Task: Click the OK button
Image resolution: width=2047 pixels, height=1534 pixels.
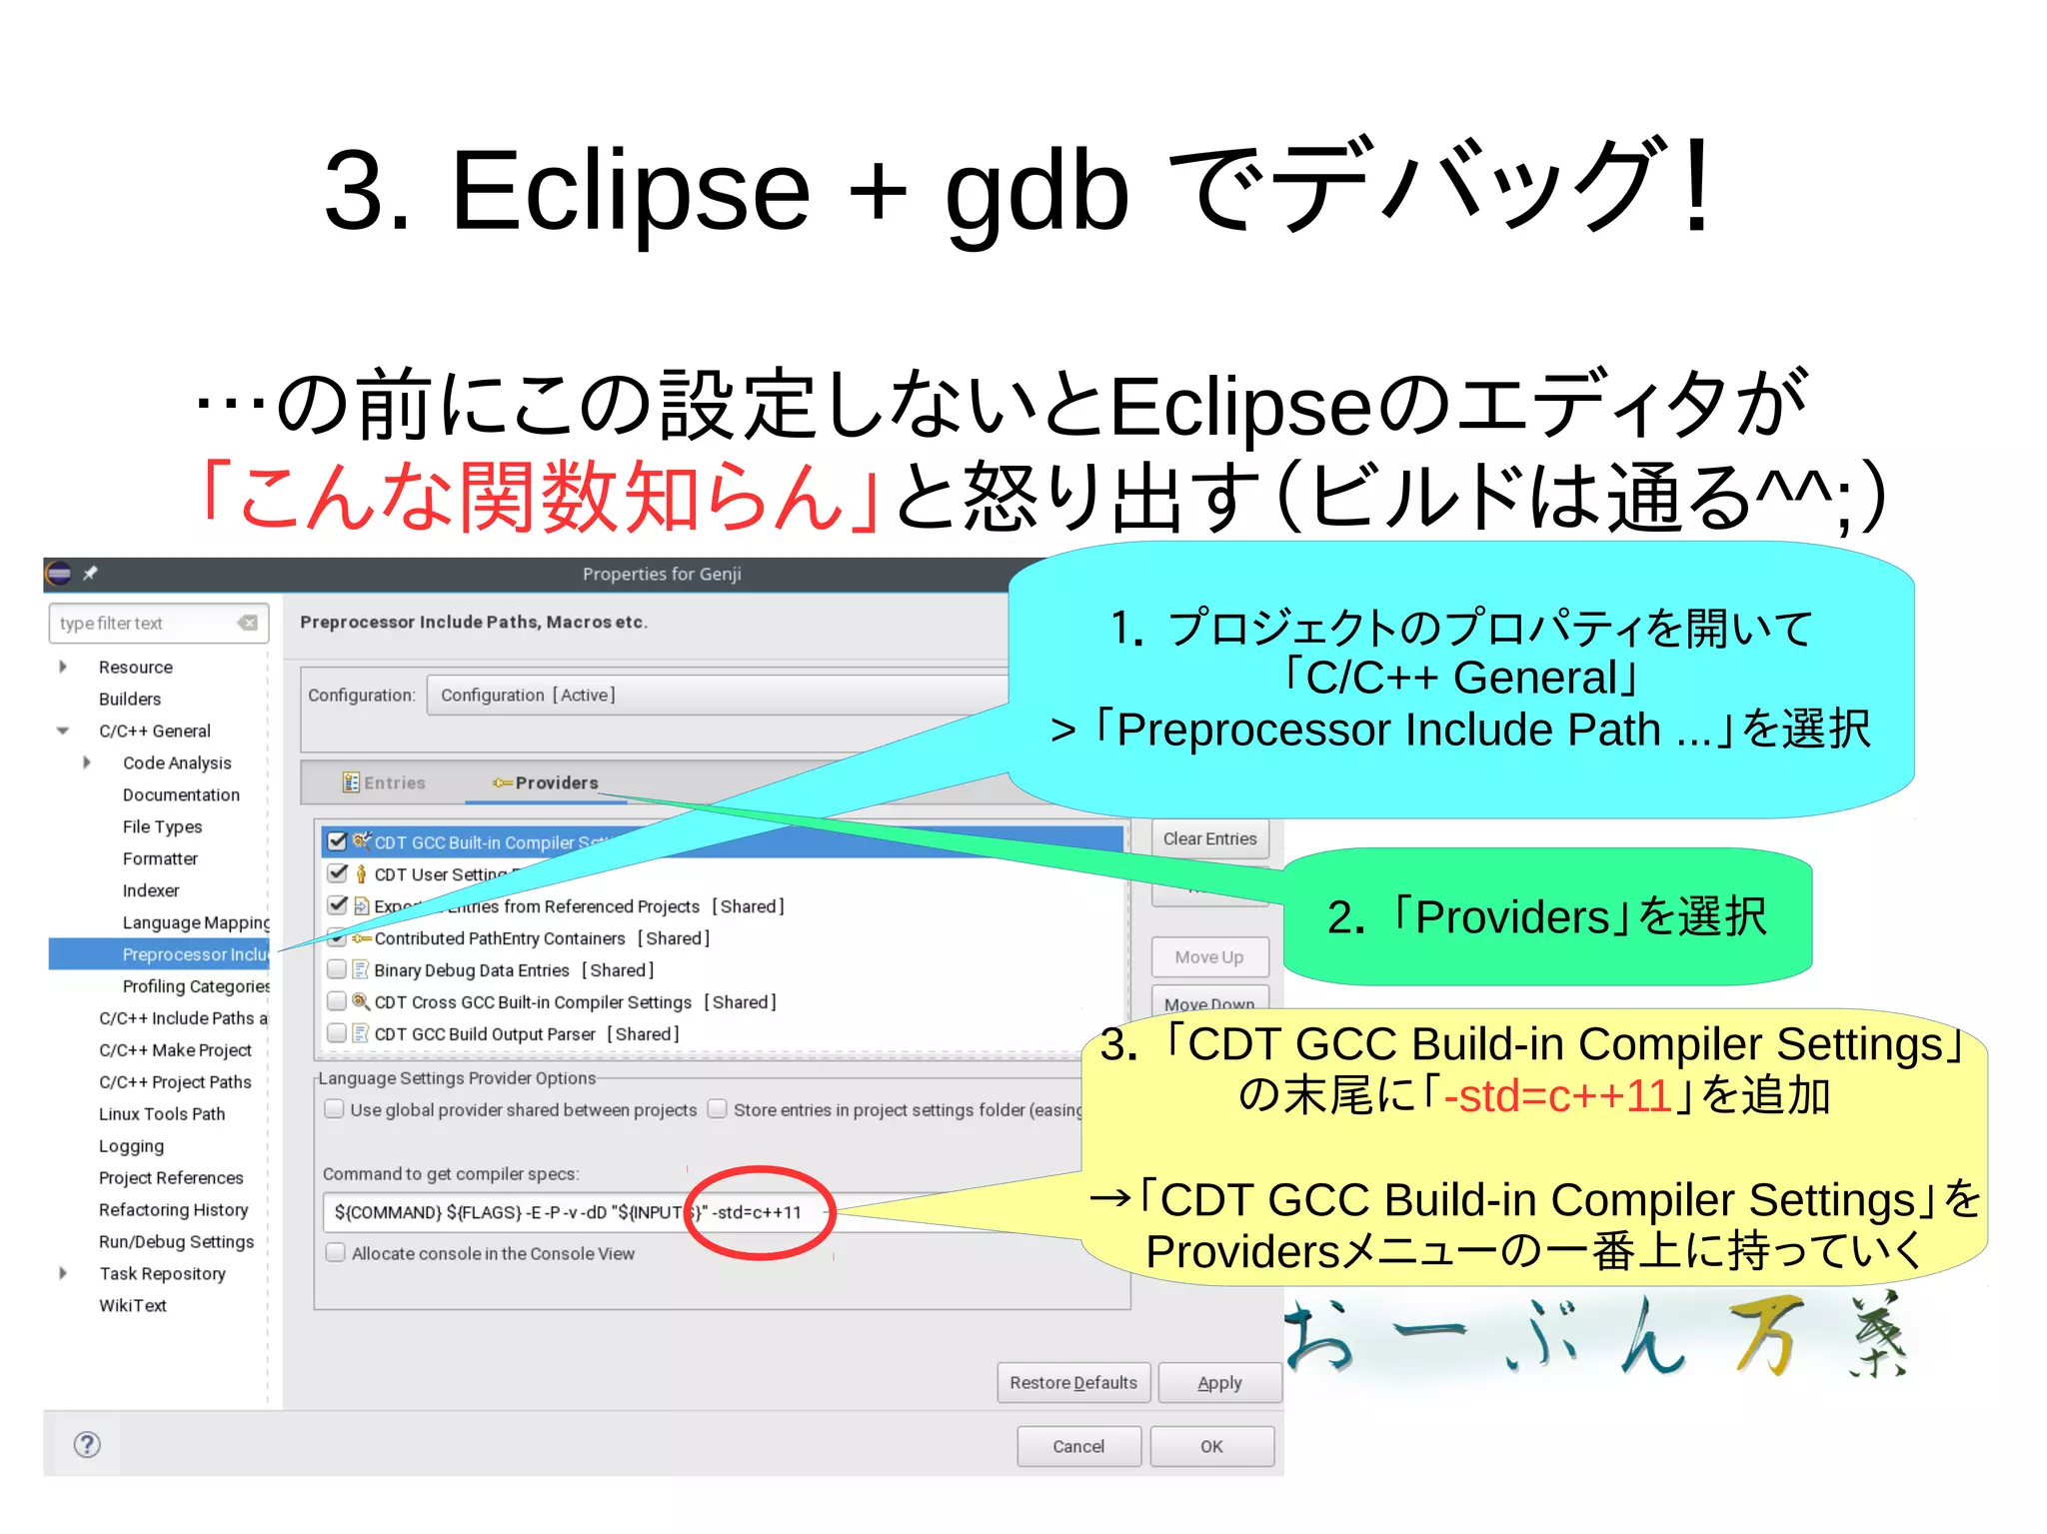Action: point(1211,1446)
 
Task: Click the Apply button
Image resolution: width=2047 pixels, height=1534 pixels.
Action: point(1219,1383)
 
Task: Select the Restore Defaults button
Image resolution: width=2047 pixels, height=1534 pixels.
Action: point(1072,1383)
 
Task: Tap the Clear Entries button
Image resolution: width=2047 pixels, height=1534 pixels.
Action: point(1209,839)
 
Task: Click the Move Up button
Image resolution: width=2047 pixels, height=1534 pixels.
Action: point(1209,957)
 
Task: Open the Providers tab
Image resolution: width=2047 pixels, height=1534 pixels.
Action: point(546,783)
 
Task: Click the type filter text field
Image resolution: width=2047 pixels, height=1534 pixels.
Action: point(145,624)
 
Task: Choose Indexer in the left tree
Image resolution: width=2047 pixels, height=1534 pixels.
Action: point(151,890)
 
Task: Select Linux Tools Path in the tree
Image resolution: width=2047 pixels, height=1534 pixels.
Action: point(162,1114)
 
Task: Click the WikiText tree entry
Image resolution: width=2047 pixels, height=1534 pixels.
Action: point(133,1306)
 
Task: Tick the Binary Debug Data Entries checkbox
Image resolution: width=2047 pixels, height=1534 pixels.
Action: point(337,969)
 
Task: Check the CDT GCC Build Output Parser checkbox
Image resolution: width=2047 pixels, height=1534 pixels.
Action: point(337,1033)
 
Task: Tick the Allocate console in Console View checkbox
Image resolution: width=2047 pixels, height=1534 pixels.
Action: point(336,1253)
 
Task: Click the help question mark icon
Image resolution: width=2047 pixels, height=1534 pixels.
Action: point(88,1444)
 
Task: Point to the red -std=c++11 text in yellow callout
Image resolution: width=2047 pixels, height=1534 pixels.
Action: point(1557,1096)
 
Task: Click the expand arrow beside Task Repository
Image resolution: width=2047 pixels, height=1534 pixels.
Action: point(63,1273)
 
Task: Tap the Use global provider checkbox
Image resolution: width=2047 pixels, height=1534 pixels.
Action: point(335,1109)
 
